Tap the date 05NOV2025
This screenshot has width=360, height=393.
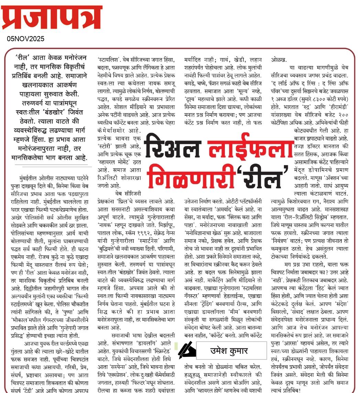click(x=26, y=39)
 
